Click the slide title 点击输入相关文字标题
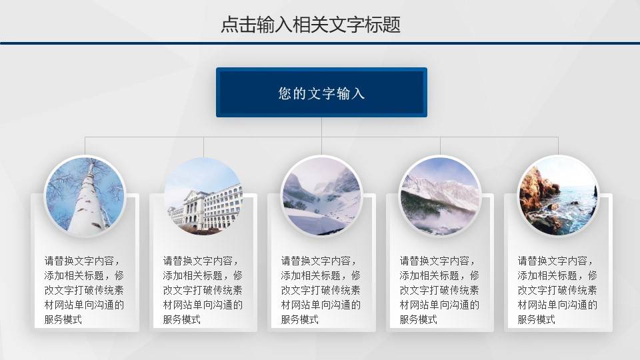(311, 25)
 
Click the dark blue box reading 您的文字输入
(321, 93)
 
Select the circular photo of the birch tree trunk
(85, 196)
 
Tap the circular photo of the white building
(203, 196)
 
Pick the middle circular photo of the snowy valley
(321, 196)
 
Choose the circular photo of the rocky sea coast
(559, 196)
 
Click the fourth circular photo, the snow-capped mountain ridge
(440, 196)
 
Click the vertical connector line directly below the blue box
(321, 127)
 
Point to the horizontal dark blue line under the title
(320, 43)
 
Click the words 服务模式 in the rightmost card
(537, 319)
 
